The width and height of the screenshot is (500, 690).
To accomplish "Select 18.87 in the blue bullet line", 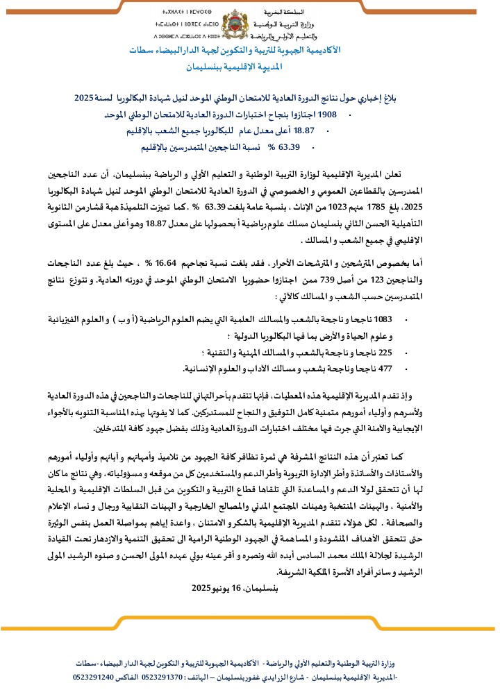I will pos(323,131).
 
